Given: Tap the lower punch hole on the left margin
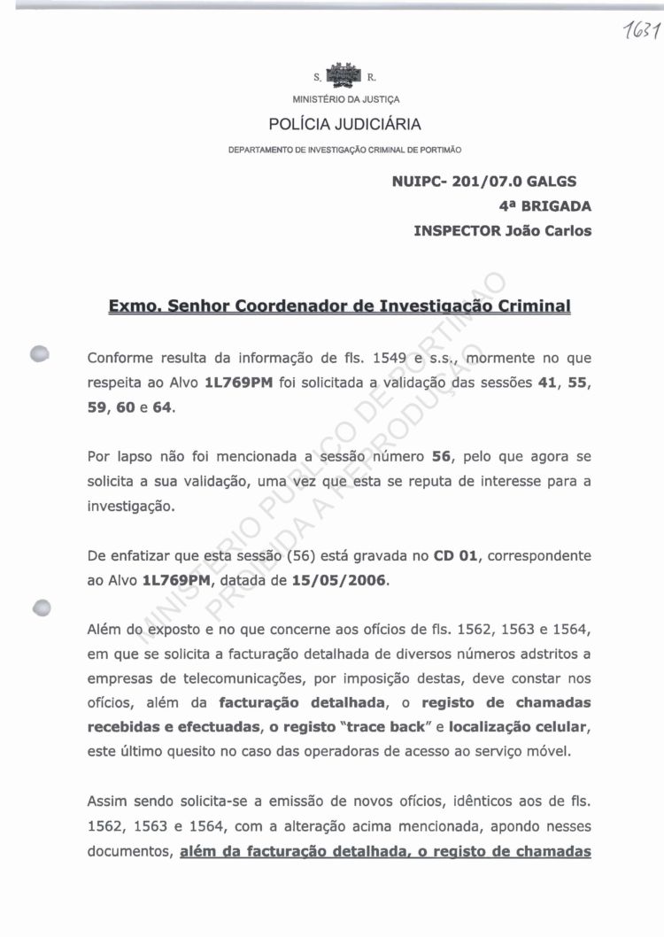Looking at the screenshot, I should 41,608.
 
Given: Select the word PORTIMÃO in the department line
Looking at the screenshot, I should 439,150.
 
